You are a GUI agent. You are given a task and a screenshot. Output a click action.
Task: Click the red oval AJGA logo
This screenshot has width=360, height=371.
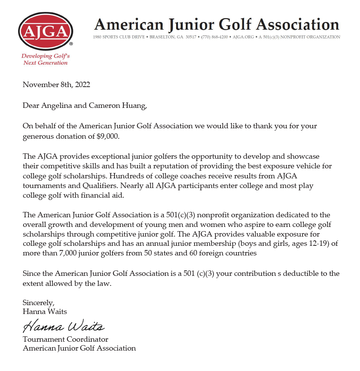(x=45, y=31)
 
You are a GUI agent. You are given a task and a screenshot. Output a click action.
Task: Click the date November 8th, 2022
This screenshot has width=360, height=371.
(x=56, y=85)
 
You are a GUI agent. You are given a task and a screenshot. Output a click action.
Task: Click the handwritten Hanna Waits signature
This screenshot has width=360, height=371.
(x=64, y=327)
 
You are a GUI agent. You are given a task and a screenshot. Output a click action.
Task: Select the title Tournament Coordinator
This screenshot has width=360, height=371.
(x=66, y=339)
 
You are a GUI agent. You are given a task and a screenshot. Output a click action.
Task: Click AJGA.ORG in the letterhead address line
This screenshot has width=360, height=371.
(x=243, y=37)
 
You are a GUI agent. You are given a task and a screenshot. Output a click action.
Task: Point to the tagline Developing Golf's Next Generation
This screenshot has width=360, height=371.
(x=45, y=59)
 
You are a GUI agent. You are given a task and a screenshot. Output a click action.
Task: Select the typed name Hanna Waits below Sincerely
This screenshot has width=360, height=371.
(x=45, y=311)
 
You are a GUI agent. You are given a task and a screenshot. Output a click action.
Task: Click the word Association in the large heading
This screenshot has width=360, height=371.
(x=298, y=24)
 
